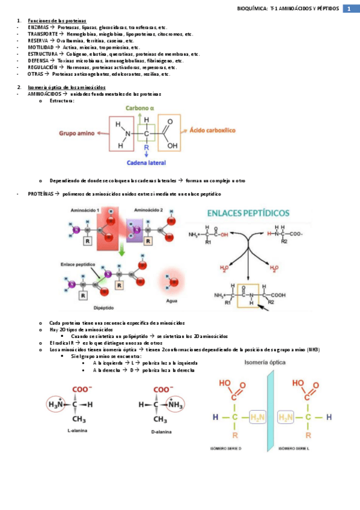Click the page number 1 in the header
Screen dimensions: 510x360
click(x=349, y=8)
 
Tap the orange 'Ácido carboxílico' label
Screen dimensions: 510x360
click(x=212, y=130)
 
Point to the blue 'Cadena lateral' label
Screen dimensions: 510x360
click(x=146, y=162)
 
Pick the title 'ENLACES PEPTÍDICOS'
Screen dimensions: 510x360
click(x=248, y=213)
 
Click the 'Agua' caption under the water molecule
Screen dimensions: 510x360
click(x=172, y=300)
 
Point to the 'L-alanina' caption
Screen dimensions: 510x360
click(x=77, y=431)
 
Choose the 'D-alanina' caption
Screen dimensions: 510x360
click(x=160, y=431)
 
